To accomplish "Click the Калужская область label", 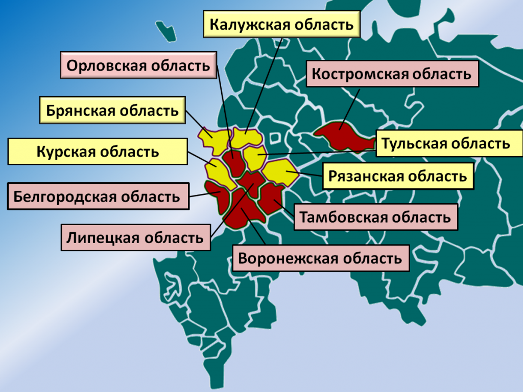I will pos(281,25).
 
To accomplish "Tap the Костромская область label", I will pos(391,74).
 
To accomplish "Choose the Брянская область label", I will pos(112,111).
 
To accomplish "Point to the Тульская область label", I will pos(445,143).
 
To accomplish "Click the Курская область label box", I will pos(98,151).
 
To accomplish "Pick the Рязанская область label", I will pos(397,177).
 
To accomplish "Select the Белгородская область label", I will pos(98,197).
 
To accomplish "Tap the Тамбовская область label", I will pos(375,217).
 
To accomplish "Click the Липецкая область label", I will pos(135,237).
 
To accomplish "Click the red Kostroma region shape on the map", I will pos(343,136).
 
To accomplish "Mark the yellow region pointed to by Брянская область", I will pos(213,141).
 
